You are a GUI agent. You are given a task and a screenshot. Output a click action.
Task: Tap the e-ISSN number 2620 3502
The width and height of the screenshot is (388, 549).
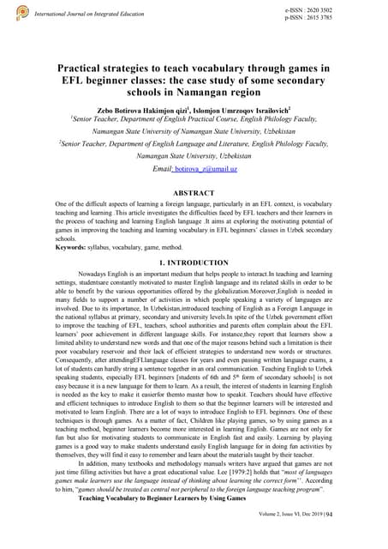point(322,8)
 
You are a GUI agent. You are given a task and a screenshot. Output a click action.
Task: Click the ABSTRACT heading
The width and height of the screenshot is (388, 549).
point(194,193)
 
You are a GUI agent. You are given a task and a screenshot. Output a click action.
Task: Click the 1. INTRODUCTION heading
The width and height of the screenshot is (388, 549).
point(194,262)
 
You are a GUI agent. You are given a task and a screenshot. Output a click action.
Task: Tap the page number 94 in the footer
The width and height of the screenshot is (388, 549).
point(376,539)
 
